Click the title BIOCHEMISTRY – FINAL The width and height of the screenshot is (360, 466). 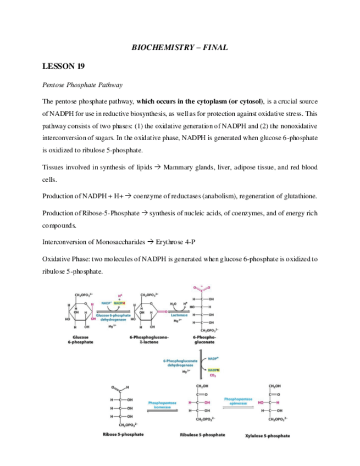180,48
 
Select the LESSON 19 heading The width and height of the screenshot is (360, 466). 63,66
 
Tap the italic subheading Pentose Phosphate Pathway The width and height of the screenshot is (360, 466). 82,85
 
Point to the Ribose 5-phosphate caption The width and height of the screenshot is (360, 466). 123,434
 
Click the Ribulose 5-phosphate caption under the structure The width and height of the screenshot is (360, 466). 202,435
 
